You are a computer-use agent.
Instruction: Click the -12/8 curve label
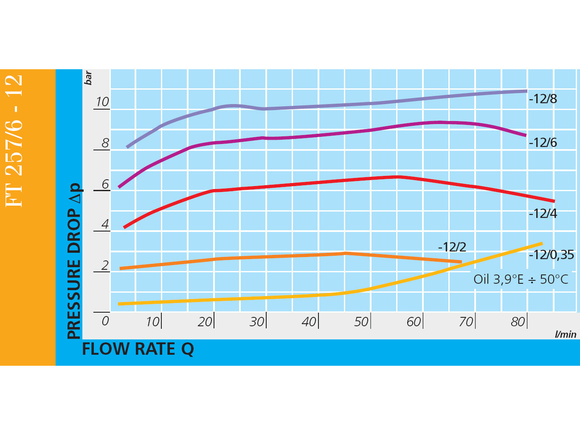pos(543,99)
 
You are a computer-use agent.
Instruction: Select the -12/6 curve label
pos(543,143)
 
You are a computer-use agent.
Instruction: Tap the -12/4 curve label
pos(543,213)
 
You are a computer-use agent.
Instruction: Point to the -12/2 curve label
pos(452,247)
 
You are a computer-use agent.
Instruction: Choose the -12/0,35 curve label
pos(551,255)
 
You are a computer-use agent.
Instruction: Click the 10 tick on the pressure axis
pos(102,102)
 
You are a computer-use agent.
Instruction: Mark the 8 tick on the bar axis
pos(105,143)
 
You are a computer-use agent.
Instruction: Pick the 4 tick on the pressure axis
pos(105,224)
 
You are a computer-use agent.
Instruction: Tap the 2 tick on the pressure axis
pos(105,265)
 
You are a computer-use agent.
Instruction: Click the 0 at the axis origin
pos(105,321)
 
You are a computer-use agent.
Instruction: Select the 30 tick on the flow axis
pos(257,322)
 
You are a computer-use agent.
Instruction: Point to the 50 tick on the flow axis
pos(361,322)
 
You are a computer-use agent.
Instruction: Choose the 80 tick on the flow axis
pos(518,322)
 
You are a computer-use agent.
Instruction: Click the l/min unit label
pos(566,334)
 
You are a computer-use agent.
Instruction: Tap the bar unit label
pos(88,78)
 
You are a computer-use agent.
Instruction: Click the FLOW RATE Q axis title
pos(138,349)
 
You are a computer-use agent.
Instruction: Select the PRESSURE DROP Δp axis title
pos(74,261)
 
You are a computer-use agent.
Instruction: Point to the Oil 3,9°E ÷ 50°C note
pos(521,279)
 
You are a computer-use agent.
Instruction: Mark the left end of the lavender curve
pos(128,147)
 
